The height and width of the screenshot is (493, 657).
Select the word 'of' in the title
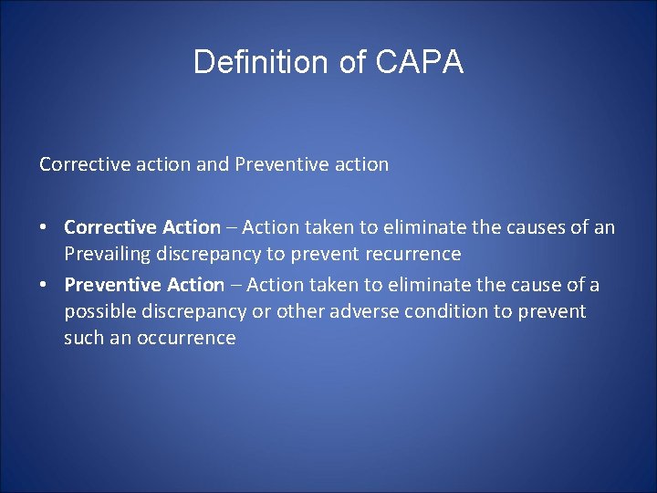coord(332,62)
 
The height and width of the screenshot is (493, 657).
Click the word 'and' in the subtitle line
coord(214,164)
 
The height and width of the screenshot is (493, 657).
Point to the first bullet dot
coord(45,226)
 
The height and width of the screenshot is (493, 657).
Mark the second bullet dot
coord(45,285)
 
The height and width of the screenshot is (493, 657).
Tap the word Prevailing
coord(105,253)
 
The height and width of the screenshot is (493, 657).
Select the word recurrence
coord(416,253)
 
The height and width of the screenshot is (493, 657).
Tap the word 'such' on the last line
coord(82,338)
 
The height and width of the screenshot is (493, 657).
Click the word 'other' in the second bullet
coord(302,311)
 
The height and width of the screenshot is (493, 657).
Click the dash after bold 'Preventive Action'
coord(235,285)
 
